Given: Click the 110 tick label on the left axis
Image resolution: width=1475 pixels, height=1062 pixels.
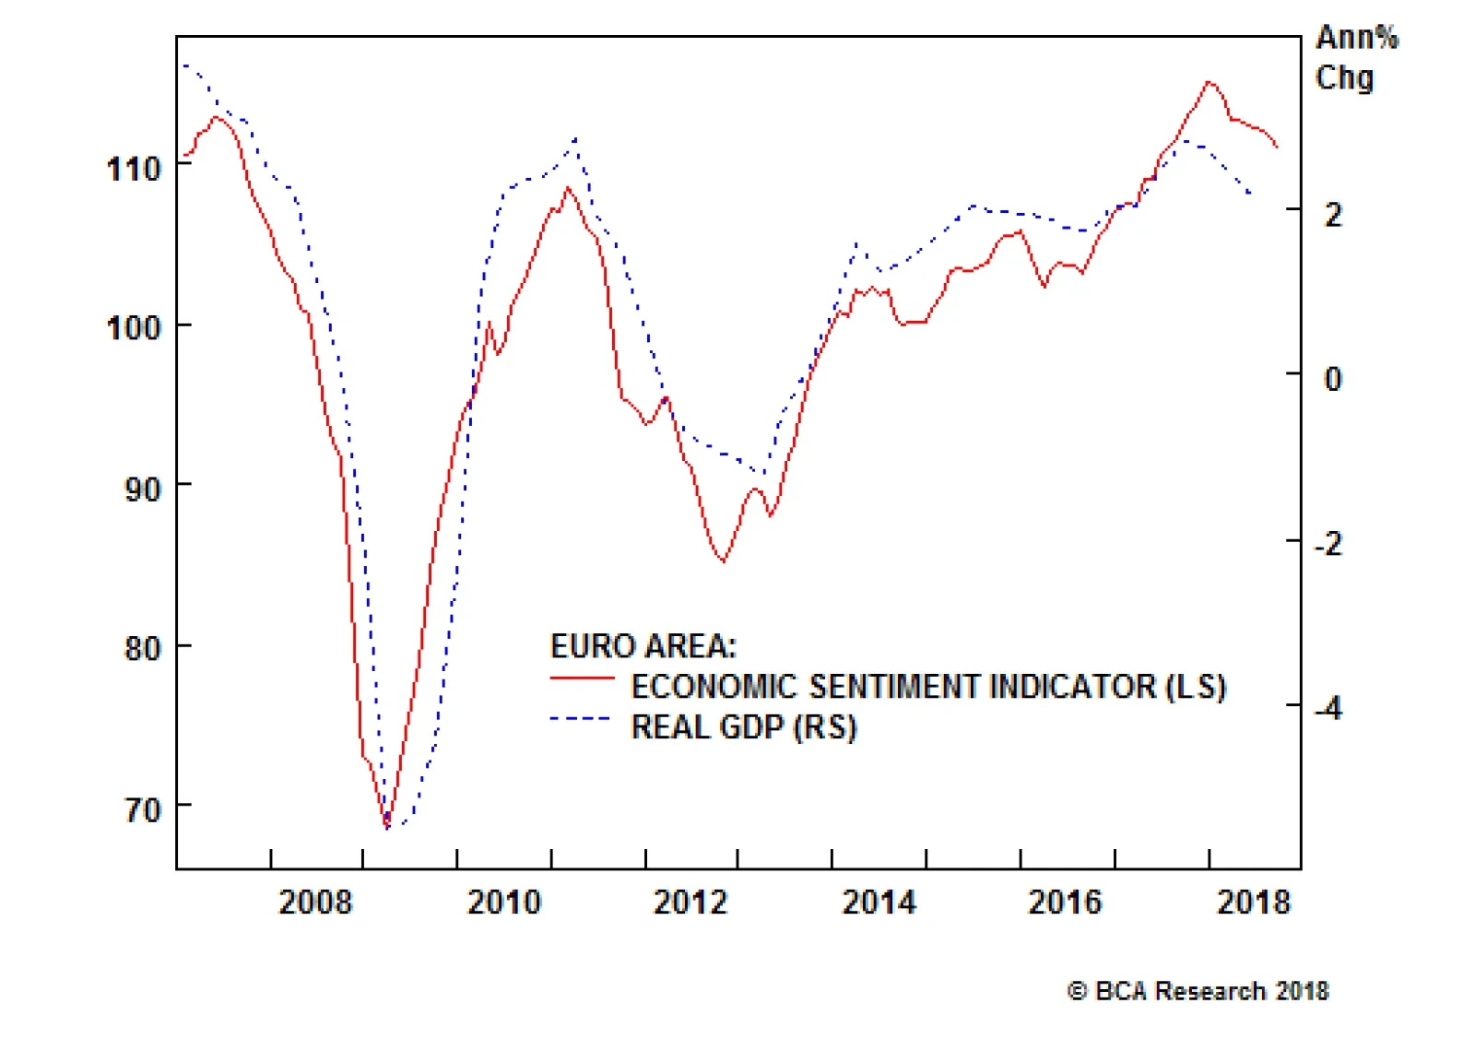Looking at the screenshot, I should [134, 169].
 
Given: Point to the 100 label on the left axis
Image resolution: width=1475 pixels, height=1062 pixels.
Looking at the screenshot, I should [134, 327].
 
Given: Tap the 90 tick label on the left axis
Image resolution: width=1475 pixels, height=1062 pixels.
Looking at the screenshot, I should [143, 489].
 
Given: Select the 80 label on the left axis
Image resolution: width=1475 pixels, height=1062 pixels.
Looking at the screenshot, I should [143, 648].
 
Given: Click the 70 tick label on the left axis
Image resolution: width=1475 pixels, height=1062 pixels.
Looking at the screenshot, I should [143, 809].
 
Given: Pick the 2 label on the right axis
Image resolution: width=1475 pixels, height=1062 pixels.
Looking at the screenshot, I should [1333, 215].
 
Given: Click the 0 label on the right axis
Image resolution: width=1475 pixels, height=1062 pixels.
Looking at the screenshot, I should [1333, 378].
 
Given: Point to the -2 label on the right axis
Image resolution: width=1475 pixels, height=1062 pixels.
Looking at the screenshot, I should [1328, 543].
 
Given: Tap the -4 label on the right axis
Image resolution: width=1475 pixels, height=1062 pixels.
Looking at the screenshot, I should [1328, 708].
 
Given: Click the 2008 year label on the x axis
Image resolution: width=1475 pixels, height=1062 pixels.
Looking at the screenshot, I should [315, 902].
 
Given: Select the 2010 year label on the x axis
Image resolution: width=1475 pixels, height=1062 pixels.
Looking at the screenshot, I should [504, 902].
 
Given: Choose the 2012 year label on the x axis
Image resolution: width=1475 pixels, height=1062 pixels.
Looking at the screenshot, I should [690, 902].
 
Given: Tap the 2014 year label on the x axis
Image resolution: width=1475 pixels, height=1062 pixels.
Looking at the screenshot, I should [879, 902].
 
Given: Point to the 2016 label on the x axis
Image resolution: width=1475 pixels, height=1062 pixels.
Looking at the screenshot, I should [1065, 902].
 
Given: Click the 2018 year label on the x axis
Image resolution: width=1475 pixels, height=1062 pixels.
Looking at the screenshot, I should [1254, 902].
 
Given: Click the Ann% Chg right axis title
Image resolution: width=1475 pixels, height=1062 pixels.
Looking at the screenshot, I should [1356, 57].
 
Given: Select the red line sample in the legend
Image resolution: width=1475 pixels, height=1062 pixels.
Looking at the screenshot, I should [582, 678].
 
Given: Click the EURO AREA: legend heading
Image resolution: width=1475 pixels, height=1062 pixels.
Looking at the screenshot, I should [643, 646].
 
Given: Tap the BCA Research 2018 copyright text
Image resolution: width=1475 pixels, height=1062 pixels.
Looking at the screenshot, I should [1198, 991].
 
